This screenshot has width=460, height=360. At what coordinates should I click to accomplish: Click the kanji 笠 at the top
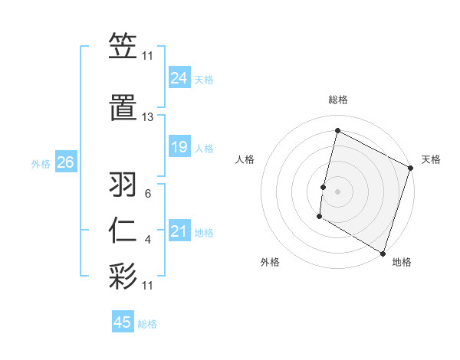123,47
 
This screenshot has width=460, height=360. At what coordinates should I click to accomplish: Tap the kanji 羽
123,185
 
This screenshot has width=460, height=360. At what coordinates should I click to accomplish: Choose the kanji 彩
123,275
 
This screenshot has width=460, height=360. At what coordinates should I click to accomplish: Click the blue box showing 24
179,77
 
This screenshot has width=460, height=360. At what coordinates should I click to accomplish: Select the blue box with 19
179,146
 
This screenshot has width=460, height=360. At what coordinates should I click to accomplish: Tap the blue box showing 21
179,231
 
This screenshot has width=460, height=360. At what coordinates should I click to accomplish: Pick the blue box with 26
64,162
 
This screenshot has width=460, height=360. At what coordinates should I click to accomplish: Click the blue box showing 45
122,322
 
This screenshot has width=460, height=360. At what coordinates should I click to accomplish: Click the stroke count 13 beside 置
147,117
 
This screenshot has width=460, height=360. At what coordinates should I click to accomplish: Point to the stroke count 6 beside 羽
148,194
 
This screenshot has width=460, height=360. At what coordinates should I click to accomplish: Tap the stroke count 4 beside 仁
148,241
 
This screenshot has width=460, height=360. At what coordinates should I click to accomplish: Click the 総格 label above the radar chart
337,100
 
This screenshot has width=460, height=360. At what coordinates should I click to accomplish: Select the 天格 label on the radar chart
431,159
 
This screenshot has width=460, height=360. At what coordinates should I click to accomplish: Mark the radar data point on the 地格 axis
382,253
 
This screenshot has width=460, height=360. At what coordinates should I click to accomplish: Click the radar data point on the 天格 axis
411,167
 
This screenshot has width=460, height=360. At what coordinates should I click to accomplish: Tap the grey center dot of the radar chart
337,191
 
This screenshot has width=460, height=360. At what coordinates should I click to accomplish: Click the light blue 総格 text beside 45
147,324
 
